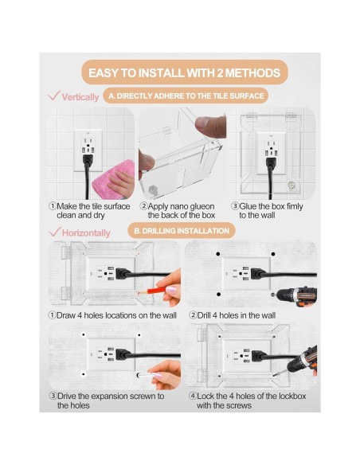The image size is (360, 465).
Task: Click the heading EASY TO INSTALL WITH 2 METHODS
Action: [x=184, y=73]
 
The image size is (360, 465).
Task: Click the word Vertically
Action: [x=80, y=97]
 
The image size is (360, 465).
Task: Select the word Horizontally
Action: [x=86, y=232]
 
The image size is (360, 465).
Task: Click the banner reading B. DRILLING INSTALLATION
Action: [x=182, y=231]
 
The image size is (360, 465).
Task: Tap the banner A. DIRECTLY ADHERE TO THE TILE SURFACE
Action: [x=186, y=96]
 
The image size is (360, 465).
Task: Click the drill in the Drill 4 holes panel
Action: [x=295, y=295]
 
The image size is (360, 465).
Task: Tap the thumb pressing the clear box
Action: [x=210, y=126]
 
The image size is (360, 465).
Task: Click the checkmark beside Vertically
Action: [x=54, y=96]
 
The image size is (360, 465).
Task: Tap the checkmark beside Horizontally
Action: [x=55, y=232]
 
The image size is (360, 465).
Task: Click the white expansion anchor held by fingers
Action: [x=146, y=376]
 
